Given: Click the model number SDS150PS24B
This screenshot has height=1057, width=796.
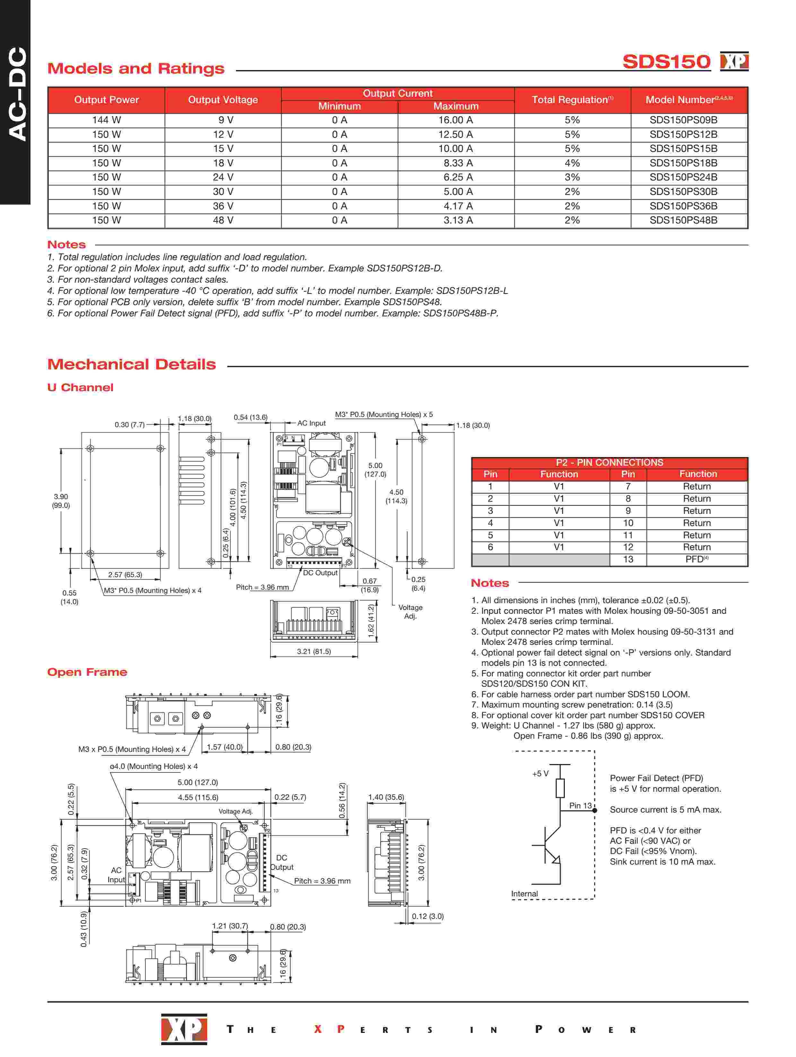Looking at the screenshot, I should [683, 177].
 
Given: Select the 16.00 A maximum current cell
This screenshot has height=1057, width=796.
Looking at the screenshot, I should [455, 120].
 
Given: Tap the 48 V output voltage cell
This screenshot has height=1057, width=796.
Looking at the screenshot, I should [223, 220].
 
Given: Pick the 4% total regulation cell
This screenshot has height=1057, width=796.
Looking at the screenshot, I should [572, 163].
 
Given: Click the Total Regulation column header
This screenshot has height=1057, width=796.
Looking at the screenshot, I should [572, 100].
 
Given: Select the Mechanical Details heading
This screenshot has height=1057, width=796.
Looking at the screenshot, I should [131, 365].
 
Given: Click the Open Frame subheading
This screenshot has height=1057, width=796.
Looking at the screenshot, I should [87, 672].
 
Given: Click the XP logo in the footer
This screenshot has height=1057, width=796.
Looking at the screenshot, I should [184, 1029].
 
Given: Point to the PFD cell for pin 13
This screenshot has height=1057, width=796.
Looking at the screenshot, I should [696, 559].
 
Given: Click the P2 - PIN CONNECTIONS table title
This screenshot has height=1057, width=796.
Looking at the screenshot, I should [609, 462].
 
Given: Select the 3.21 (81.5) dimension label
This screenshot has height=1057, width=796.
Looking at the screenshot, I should [313, 651].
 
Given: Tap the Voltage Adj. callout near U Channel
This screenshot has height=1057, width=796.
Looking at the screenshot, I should [410, 612].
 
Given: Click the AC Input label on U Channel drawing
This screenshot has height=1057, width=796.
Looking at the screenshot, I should [311, 423].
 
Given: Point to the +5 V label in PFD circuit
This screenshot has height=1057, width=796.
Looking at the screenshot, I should [540, 774].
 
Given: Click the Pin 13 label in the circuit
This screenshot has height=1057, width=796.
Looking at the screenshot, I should [580, 806].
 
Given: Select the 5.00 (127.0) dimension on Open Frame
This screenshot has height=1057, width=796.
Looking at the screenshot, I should [197, 782].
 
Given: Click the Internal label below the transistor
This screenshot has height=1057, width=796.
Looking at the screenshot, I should [524, 894].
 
